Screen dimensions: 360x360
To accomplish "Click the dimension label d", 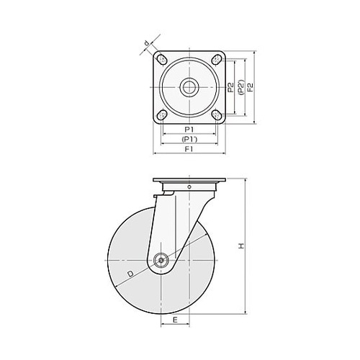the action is (147, 43).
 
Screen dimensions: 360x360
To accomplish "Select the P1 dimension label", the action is (189, 130).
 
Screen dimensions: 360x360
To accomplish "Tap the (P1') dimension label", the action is (189, 139).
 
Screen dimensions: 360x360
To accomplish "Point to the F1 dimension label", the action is (189, 149).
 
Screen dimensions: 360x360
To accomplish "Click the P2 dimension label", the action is (230, 87).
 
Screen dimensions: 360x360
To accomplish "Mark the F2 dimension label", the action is (250, 87).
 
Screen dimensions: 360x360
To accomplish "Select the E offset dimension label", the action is (175, 320).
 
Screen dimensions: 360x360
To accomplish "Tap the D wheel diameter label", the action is (130, 274).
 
